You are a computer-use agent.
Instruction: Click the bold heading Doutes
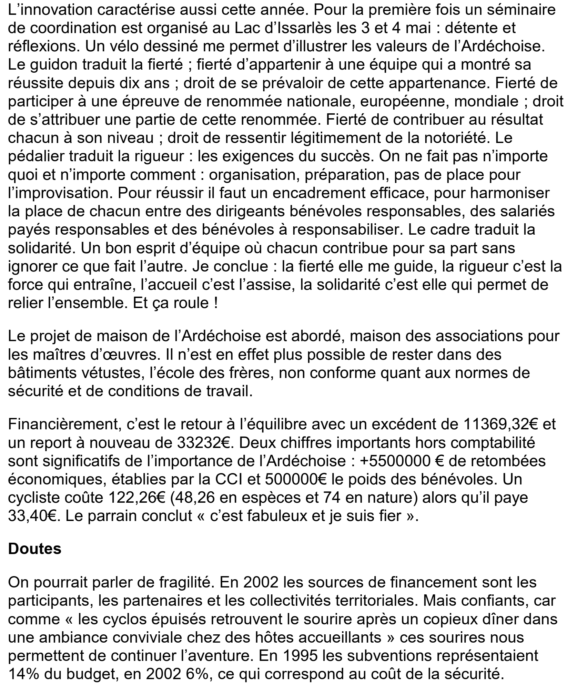pos(34,549)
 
